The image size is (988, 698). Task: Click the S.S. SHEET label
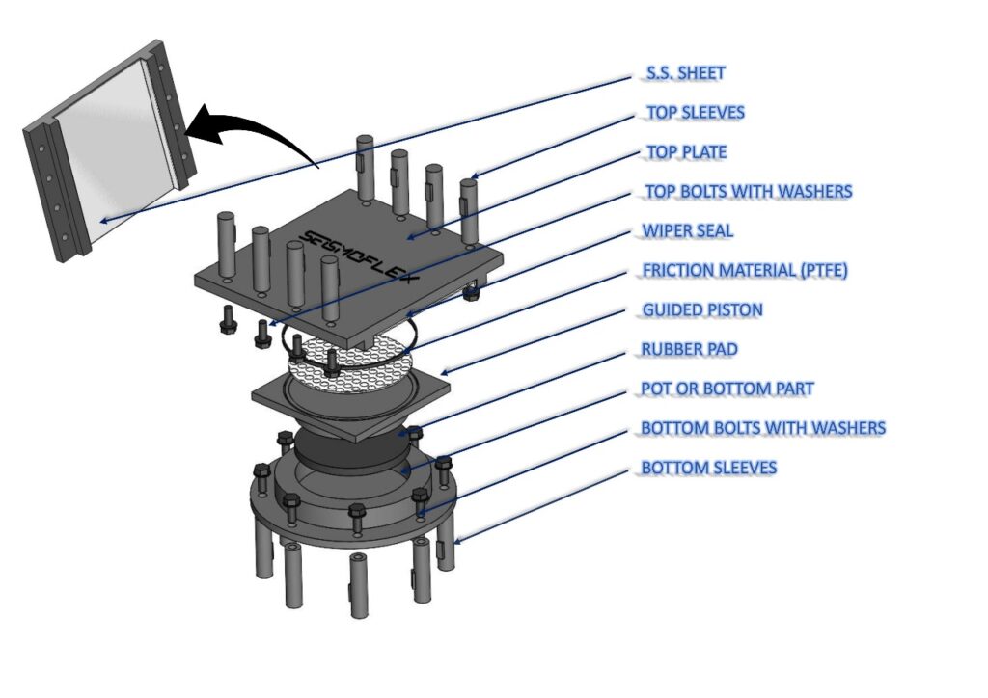pos(686,73)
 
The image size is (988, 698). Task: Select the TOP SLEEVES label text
pos(696,113)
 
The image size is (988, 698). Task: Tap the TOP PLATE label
pos(687,152)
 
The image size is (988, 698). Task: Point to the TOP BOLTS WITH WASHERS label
pos(749,191)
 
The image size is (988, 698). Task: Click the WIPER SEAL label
pos(687,231)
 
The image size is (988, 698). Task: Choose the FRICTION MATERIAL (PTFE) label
pos(745,271)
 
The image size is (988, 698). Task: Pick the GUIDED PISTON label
pos(702,309)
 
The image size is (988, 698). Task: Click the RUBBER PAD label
pos(689,349)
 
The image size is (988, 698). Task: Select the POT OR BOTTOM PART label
pos(727,389)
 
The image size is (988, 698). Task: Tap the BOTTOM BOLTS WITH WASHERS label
pos(763,428)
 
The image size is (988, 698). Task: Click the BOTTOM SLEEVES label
pos(709,468)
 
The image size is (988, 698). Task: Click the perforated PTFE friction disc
pos(350,362)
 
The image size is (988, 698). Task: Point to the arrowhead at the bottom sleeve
pos(455,540)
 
